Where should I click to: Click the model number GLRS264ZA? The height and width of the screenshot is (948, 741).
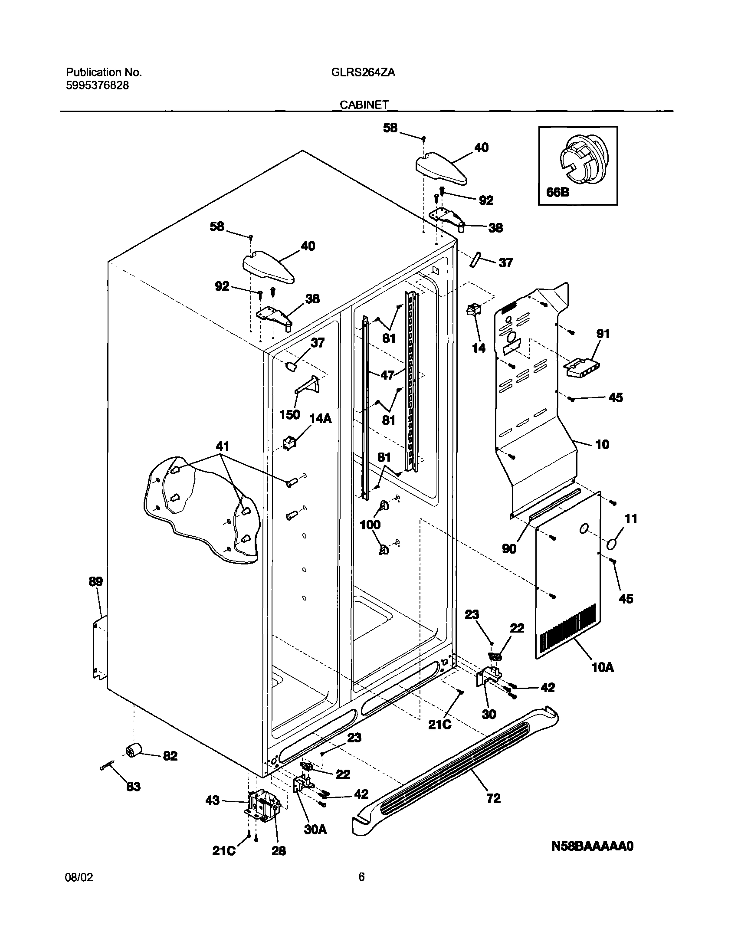click(363, 72)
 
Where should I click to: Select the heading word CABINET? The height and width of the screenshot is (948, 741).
click(364, 105)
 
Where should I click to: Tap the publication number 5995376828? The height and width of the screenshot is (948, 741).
click(97, 85)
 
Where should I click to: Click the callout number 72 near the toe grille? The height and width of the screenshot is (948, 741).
click(494, 798)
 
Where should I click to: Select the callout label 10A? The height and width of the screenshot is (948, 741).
click(603, 667)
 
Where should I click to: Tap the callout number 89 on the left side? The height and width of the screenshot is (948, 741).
click(96, 582)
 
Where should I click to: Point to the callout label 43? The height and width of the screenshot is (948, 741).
click(213, 800)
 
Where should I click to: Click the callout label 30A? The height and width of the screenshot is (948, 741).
click(315, 830)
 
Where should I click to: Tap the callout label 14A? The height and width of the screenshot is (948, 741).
click(320, 418)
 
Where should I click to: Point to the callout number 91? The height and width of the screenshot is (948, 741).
click(603, 334)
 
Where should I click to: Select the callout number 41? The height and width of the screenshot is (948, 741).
click(222, 446)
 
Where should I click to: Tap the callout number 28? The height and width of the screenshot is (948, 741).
click(279, 851)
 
